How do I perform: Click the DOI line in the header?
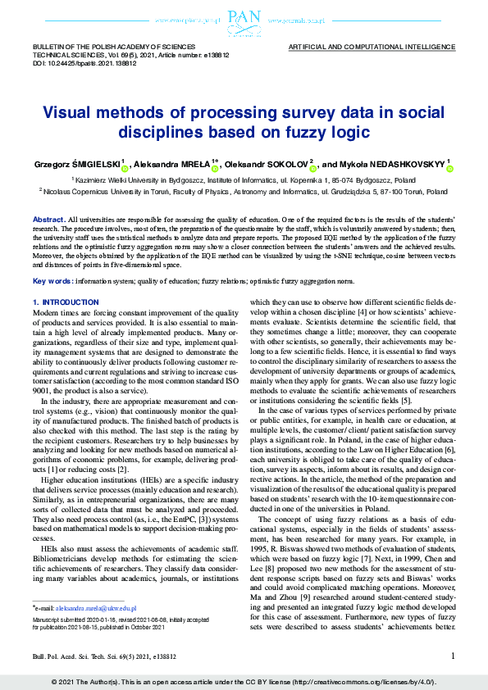[73, 62]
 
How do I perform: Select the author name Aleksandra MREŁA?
[173, 164]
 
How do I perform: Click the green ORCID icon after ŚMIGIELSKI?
[124, 168]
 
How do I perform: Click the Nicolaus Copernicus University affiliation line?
[243, 191]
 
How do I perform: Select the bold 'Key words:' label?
[52, 281]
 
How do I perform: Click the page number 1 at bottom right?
[453, 656]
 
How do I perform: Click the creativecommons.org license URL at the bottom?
[366, 682]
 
